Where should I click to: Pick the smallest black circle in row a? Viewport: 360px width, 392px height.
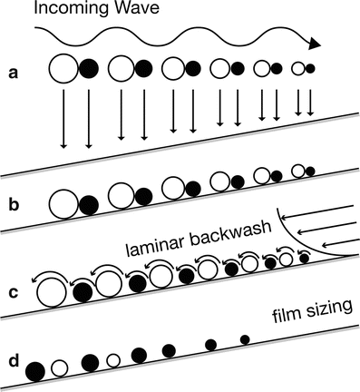(x=310, y=68)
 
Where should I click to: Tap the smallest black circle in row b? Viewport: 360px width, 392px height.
(x=310, y=171)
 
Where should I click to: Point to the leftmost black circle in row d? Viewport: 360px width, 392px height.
(x=36, y=370)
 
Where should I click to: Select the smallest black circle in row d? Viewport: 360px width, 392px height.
(x=243, y=339)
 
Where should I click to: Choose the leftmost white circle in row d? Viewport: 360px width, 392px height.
(x=60, y=367)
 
